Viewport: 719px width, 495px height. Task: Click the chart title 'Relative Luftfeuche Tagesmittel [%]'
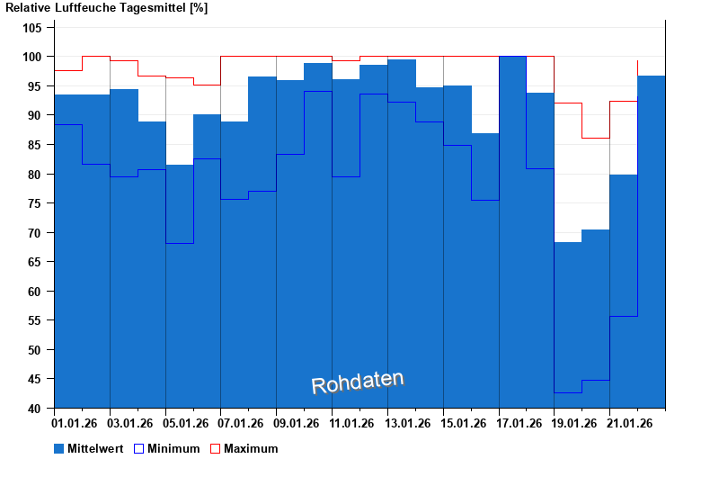pyautogui.click(x=107, y=8)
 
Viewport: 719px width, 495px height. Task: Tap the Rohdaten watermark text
pyautogui.click(x=358, y=382)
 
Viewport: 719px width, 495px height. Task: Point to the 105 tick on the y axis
pyautogui.click(x=33, y=28)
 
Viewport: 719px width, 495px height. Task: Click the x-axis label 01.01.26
pyautogui.click(x=75, y=423)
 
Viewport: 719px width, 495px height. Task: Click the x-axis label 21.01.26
pyautogui.click(x=631, y=423)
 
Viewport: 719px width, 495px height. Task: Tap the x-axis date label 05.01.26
pyautogui.click(x=187, y=423)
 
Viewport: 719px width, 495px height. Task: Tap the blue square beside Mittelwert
pyautogui.click(x=59, y=448)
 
